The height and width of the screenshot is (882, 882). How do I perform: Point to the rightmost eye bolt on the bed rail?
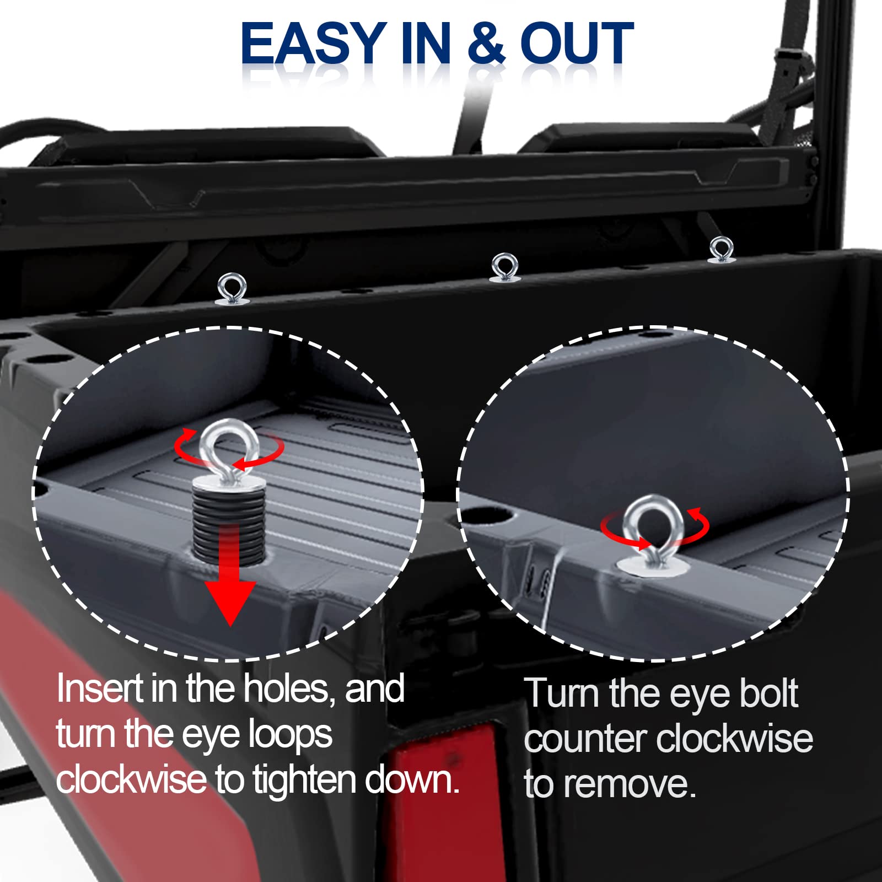pos(721,250)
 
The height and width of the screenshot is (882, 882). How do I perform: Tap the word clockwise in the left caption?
pos(131,779)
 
